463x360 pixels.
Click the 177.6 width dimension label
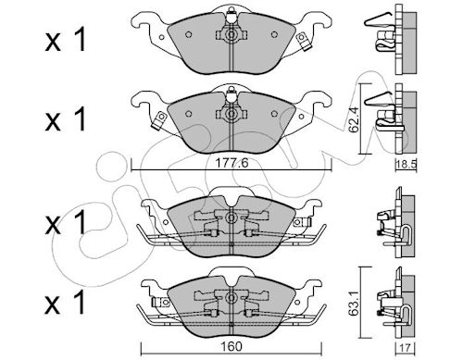tap(231, 163)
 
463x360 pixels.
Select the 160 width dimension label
tap(231, 346)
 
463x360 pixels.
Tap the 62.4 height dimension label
tap(354, 119)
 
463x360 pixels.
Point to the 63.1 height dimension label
tap(354, 304)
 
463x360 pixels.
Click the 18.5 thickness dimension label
tap(407, 164)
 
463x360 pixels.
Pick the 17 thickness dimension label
tap(407, 348)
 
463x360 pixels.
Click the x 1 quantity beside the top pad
tap(65, 42)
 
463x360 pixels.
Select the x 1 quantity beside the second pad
tap(65, 119)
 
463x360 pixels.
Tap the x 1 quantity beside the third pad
tap(65, 223)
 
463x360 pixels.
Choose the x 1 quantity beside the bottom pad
tap(65, 303)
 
